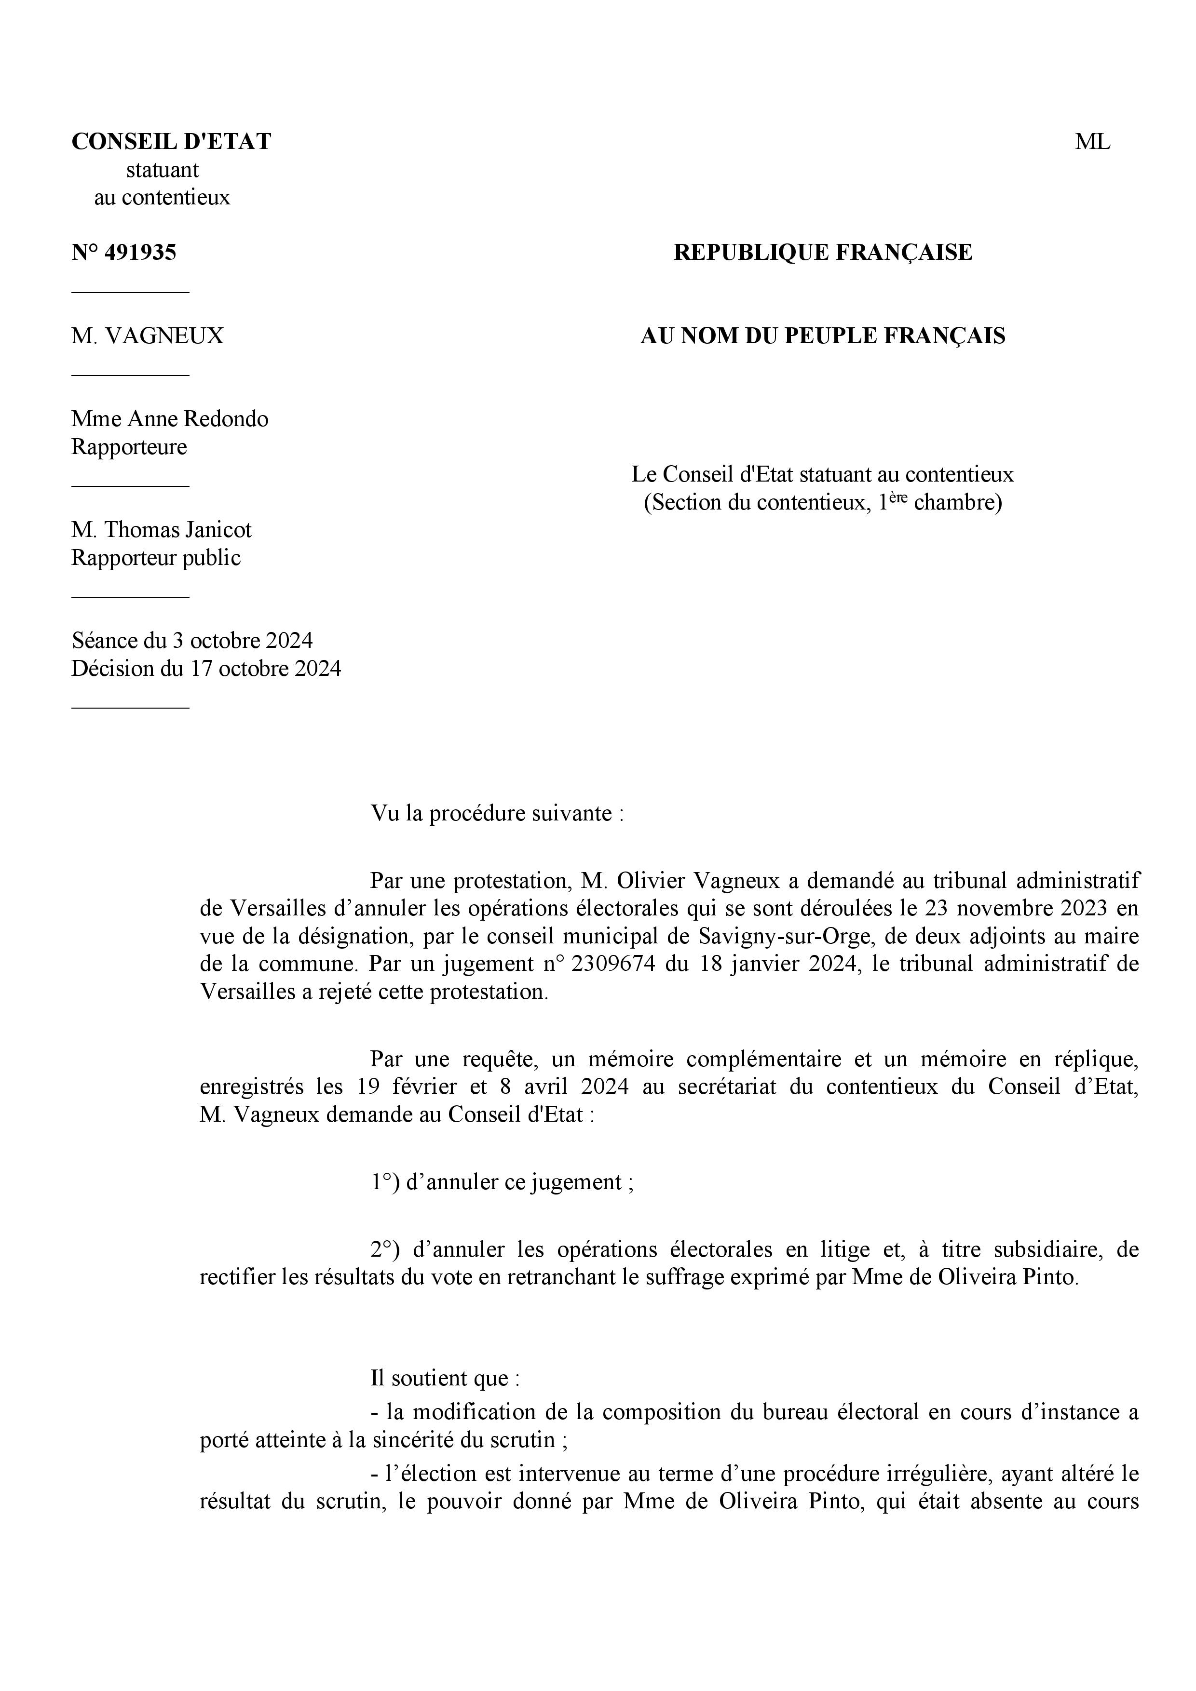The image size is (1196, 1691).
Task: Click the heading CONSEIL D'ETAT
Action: click(171, 141)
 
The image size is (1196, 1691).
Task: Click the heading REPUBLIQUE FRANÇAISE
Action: click(822, 253)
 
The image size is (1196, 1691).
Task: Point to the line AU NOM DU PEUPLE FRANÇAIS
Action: click(822, 336)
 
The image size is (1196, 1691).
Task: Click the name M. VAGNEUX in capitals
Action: click(148, 336)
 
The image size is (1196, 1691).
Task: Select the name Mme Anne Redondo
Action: click(169, 419)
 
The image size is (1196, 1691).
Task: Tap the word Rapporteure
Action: click(129, 447)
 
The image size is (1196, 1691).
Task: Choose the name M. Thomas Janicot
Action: click(162, 530)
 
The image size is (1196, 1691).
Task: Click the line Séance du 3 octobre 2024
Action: click(191, 640)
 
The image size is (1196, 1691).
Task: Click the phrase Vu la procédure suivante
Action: click(497, 814)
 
